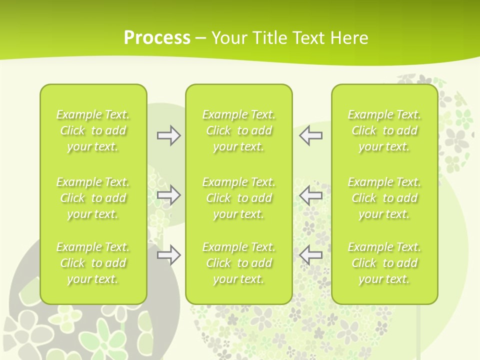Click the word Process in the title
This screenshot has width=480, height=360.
click(157, 37)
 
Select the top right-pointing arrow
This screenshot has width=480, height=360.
click(169, 135)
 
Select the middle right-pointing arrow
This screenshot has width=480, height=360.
click(169, 195)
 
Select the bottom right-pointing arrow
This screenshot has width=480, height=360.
click(169, 255)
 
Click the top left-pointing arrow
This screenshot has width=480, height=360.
click(310, 135)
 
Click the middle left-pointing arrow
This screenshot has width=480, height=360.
click(310, 195)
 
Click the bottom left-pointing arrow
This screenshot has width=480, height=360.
click(310, 255)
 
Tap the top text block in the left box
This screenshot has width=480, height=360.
click(93, 130)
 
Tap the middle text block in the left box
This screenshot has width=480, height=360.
click(93, 198)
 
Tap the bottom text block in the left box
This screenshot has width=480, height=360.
click(93, 263)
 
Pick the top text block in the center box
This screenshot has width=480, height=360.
click(239, 130)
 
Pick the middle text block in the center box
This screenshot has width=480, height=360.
click(239, 198)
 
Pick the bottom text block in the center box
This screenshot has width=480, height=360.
click(239, 263)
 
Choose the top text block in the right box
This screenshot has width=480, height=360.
click(384, 130)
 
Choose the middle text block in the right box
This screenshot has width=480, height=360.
click(384, 198)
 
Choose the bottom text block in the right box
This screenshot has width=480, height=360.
click(384, 263)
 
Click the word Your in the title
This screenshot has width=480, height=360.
click(229, 37)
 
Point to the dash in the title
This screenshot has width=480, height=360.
click(201, 38)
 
